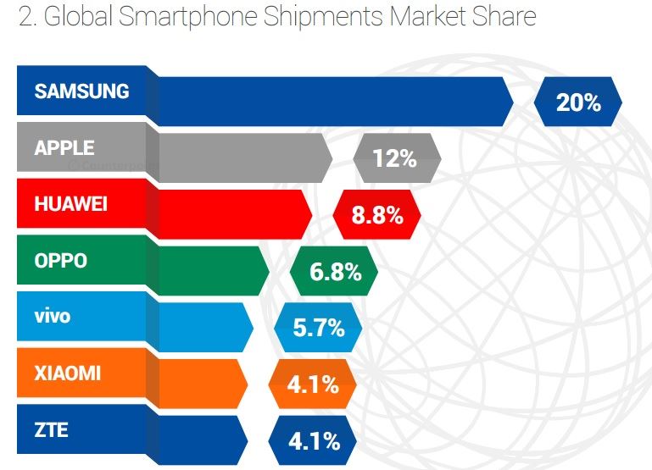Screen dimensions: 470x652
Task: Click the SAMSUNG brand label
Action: pos(81,91)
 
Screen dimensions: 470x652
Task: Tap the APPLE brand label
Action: pos(64,147)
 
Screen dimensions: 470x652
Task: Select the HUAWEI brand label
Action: pos(70,204)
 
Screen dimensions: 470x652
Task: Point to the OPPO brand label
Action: pos(60,261)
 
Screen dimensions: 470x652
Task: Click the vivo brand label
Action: pos(53,317)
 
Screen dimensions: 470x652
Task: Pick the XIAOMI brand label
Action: pos(67,373)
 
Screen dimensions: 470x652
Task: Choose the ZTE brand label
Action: pos(51,430)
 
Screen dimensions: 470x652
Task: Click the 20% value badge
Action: pos(578,102)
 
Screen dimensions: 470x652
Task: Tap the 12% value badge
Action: pos(395,158)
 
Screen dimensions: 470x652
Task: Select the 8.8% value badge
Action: pos(377,215)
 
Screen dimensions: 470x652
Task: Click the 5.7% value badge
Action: pos(319,328)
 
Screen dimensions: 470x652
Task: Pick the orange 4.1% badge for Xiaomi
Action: pos(313,384)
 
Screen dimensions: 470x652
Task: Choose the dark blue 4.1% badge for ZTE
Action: pos(314,441)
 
